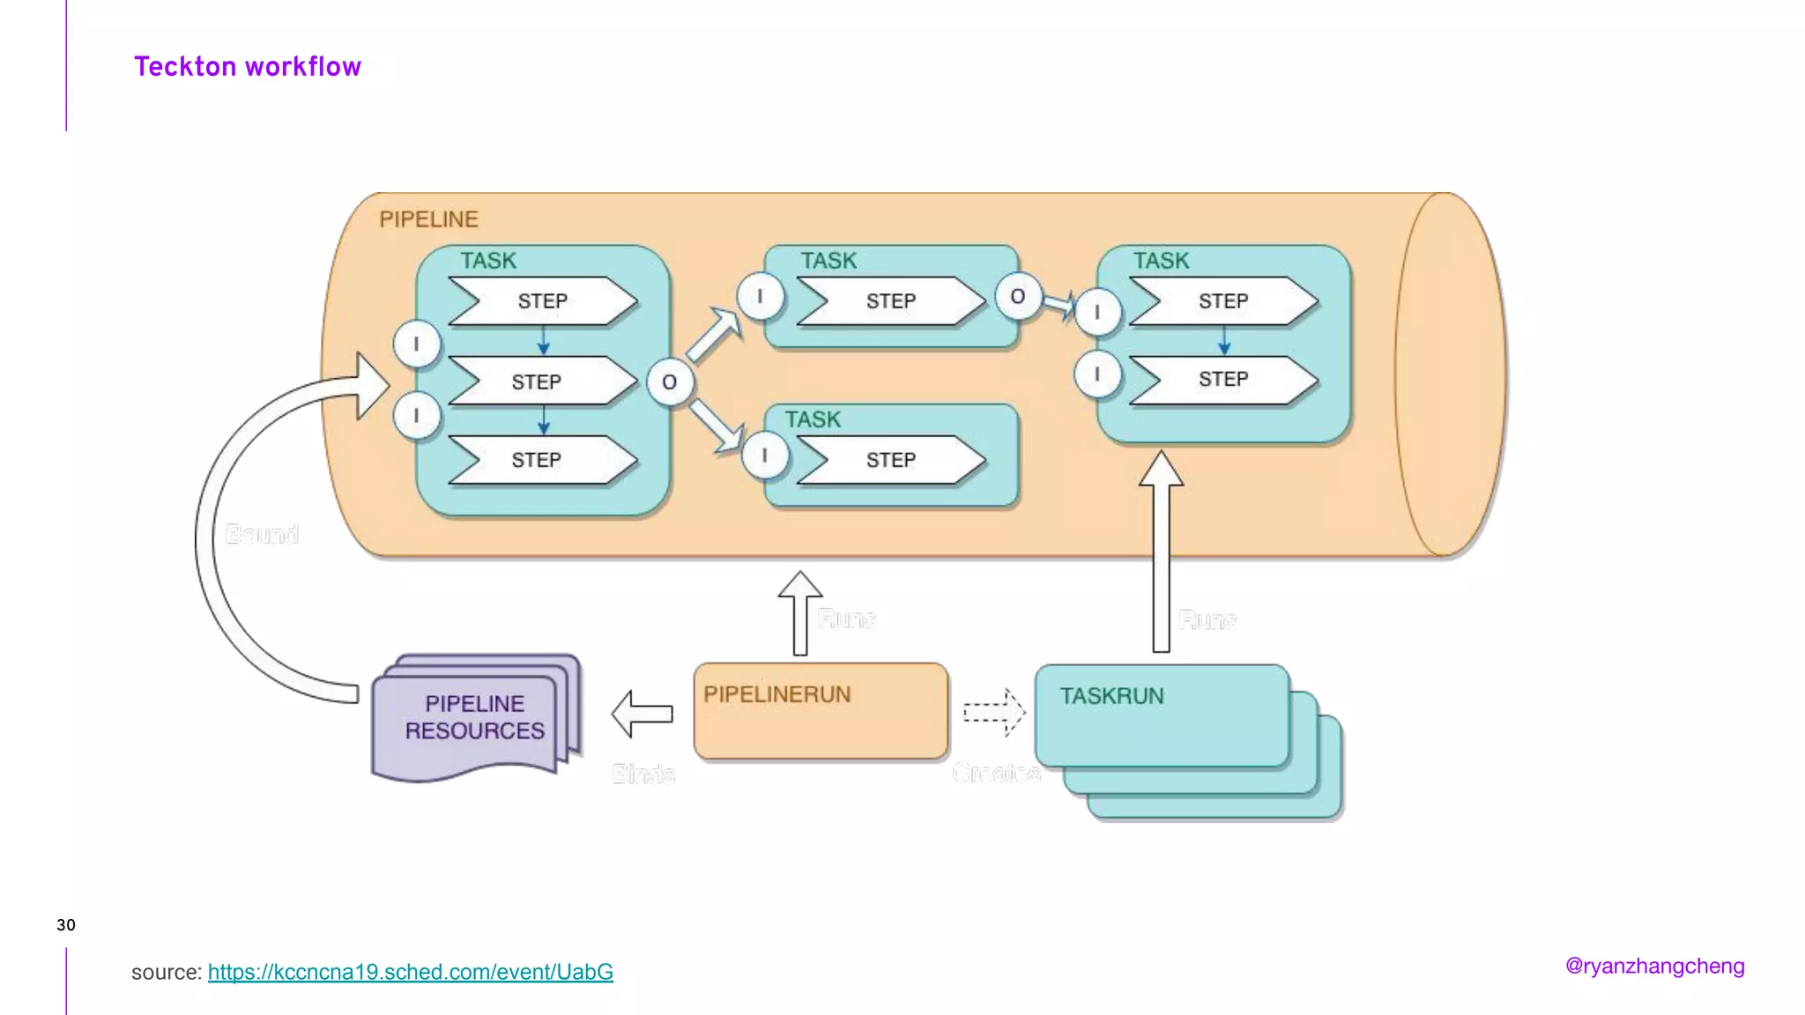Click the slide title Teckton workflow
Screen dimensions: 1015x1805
pos(248,67)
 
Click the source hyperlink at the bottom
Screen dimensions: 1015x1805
pos(410,972)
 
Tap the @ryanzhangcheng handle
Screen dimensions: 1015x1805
pos(1654,966)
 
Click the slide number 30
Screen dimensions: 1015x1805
pos(66,925)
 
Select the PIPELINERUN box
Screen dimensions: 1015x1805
pos(821,712)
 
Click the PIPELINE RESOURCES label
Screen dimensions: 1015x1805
pos(474,717)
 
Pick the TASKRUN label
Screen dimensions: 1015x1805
pos(1111,696)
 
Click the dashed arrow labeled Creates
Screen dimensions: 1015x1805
pos(993,712)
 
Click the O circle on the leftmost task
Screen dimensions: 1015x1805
pos(669,382)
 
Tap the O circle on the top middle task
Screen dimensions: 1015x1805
pos(1018,297)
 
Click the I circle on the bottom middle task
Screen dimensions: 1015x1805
pos(764,456)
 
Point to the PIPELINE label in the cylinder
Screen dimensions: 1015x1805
pos(428,219)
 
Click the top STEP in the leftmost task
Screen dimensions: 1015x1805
pos(542,301)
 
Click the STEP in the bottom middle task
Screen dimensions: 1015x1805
pos(891,460)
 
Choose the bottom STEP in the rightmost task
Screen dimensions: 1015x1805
pos(1223,380)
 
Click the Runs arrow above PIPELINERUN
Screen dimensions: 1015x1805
pos(800,614)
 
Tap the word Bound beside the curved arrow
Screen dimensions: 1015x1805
pos(262,534)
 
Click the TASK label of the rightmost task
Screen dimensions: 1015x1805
pos(1161,261)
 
